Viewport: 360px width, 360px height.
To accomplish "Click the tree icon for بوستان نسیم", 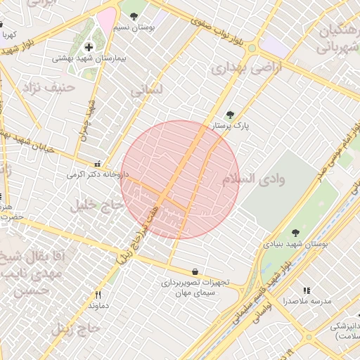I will click(x=134, y=16).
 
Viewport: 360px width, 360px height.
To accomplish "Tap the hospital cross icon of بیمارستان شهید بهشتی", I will click(x=89, y=47).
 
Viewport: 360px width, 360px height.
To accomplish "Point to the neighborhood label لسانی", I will click(x=146, y=90).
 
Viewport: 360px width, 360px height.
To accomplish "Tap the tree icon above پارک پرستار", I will click(x=230, y=115).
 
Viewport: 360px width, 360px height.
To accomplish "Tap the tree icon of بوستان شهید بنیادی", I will click(x=295, y=233).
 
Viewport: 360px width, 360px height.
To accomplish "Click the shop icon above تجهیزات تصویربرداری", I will click(x=194, y=271).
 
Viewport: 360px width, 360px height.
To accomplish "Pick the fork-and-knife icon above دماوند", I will click(x=98, y=295).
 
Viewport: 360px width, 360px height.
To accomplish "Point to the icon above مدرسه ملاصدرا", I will click(x=307, y=290).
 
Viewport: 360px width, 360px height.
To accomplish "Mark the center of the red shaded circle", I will click(x=180, y=179).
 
